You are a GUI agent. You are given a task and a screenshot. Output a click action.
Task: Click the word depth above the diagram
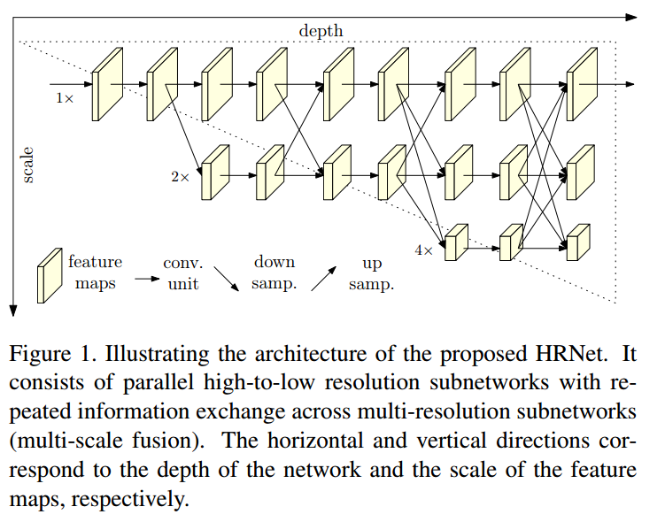tap(320, 31)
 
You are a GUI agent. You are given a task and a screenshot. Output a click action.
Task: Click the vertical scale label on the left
tap(27, 165)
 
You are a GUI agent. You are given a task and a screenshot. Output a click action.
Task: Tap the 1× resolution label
tap(65, 98)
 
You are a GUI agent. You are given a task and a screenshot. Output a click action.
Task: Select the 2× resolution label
tap(180, 177)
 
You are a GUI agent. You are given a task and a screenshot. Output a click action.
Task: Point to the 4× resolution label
tap(423, 250)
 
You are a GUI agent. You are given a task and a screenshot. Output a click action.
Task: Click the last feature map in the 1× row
tap(581, 85)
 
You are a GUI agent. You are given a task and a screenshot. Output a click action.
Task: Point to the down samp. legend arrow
tap(228, 278)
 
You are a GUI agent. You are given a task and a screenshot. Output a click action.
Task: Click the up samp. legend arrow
tap(323, 278)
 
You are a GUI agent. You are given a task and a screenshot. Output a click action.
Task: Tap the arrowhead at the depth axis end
tap(630, 15)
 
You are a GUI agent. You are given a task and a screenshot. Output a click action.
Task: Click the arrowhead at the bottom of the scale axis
tap(13, 310)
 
